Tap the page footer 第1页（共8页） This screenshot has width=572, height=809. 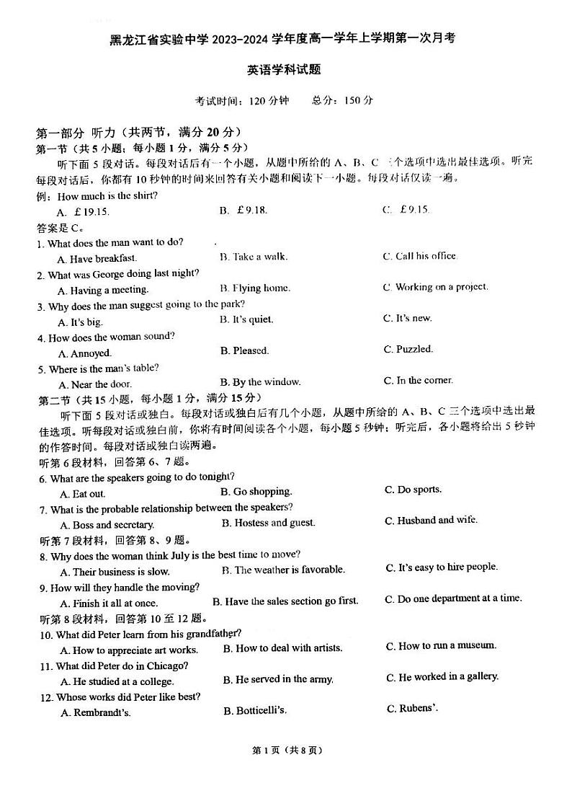click(x=285, y=750)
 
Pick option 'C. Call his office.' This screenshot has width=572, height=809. click(x=420, y=256)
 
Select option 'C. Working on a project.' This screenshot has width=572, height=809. click(x=435, y=287)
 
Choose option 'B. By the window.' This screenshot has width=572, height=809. click(x=261, y=382)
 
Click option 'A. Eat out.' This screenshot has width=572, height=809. click(x=83, y=494)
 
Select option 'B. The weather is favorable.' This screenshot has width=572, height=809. click(x=283, y=570)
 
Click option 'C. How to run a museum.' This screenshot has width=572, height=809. click(x=441, y=646)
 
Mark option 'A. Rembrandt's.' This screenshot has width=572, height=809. click(x=96, y=713)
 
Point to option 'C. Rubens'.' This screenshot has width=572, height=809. click(x=413, y=709)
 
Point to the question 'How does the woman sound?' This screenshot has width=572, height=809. click(x=111, y=337)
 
